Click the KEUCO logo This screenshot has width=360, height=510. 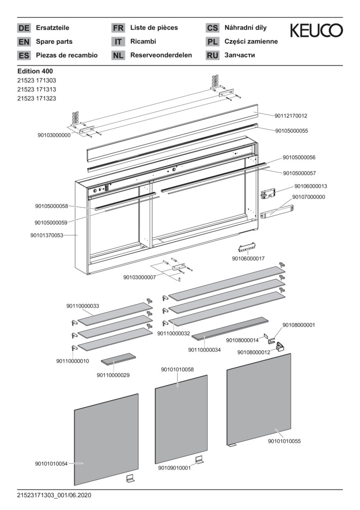point(316,31)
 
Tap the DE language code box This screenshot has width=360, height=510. point(24,28)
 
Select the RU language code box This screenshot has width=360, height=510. point(212,56)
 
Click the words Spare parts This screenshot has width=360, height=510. point(54,42)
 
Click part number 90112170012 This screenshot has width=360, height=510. point(291,116)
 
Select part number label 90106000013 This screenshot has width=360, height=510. point(310,187)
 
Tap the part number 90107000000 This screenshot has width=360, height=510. point(309,197)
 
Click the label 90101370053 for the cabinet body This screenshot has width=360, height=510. point(47,235)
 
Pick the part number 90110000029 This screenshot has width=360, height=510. point(113,375)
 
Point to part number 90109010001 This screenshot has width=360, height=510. point(175,468)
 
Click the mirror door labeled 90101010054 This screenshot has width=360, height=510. point(106,439)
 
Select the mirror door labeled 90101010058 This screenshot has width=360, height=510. point(181,418)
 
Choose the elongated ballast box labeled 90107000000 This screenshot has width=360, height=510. point(277,211)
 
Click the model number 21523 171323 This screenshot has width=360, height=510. point(36,98)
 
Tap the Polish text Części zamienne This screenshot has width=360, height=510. point(251,42)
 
